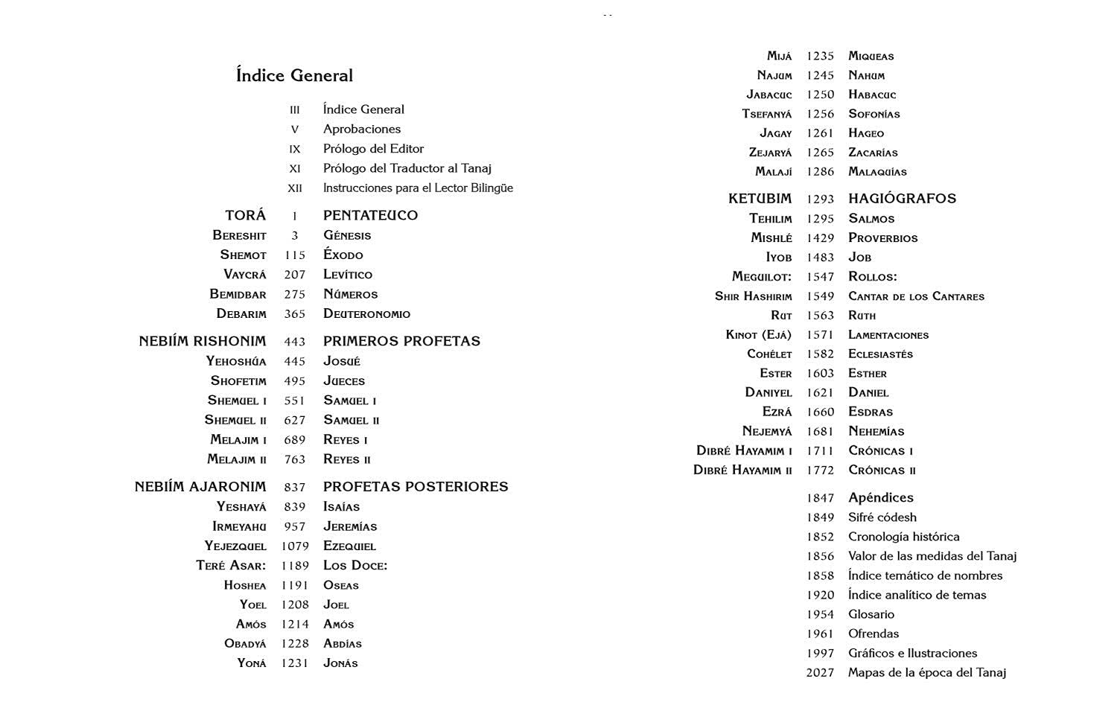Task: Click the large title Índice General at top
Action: [294, 75]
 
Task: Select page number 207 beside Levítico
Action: [295, 275]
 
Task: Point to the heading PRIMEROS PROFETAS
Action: [401, 341]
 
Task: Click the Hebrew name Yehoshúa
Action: [236, 361]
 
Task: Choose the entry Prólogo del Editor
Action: [373, 149]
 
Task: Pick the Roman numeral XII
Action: [295, 188]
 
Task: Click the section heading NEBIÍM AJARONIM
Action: [200, 487]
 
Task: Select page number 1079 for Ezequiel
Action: [295, 546]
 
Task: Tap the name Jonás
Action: [340, 663]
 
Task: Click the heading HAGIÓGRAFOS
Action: [902, 199]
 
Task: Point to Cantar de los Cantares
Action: [916, 296]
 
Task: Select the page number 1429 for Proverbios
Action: [820, 238]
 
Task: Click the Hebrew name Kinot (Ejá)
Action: [758, 335]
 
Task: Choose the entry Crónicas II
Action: [882, 471]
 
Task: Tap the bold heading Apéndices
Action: [880, 497]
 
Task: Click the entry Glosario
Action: [871, 614]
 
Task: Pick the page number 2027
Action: [820, 672]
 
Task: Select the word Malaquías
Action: [877, 172]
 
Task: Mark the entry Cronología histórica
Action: [903, 537]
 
